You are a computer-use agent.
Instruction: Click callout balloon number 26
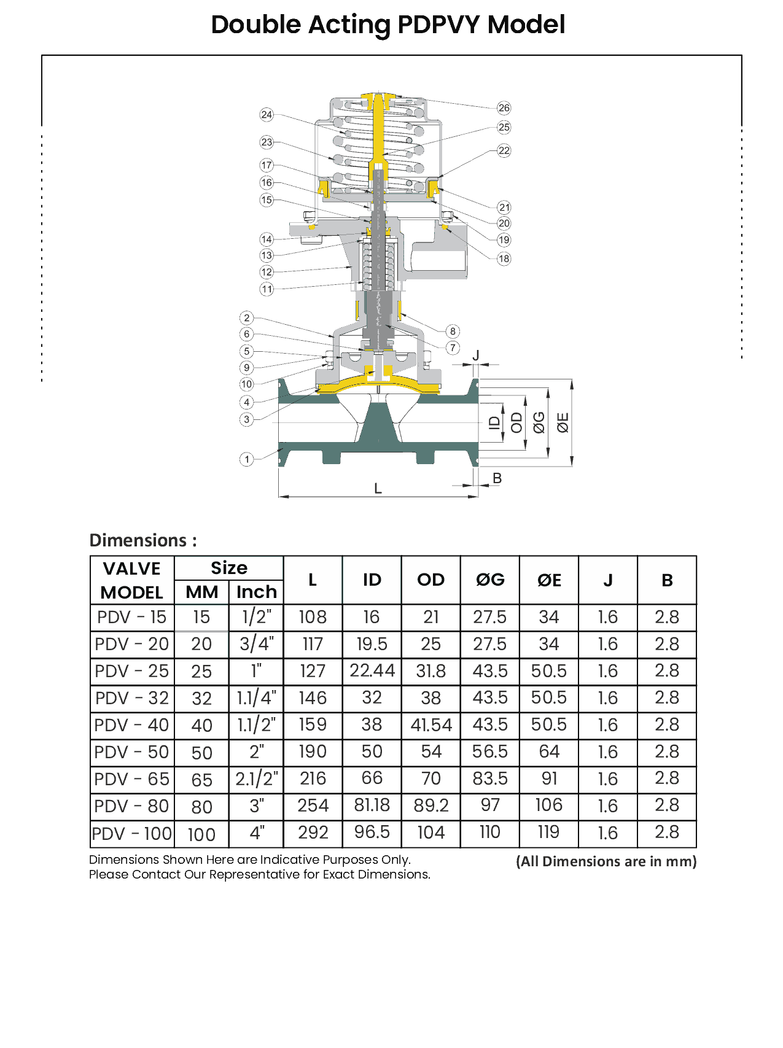coord(504,108)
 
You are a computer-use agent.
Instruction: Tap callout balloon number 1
coord(246,459)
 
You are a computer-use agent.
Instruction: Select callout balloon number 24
coord(267,115)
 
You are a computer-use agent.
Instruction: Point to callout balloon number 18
coord(504,258)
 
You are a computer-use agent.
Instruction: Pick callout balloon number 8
coord(453,332)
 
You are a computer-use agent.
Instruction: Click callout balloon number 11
coord(267,289)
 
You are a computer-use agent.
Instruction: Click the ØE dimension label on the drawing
coord(563,423)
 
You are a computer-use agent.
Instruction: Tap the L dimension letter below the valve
coord(378,489)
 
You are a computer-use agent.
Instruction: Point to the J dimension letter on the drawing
coord(476,355)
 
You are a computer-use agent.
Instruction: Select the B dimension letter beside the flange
coord(497,478)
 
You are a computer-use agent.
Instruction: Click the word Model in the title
coord(526,25)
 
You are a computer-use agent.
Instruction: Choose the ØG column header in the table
coord(490,580)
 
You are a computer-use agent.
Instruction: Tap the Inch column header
coord(257,592)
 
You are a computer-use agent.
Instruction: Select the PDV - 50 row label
coord(132,752)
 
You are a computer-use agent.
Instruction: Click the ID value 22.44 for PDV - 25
coord(372,670)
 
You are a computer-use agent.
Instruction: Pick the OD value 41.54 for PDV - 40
coord(431,725)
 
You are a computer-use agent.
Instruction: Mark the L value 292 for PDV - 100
coord(313,833)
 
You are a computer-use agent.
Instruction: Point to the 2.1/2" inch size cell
coord(257,779)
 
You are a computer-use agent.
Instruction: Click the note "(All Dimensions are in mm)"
coord(606,861)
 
